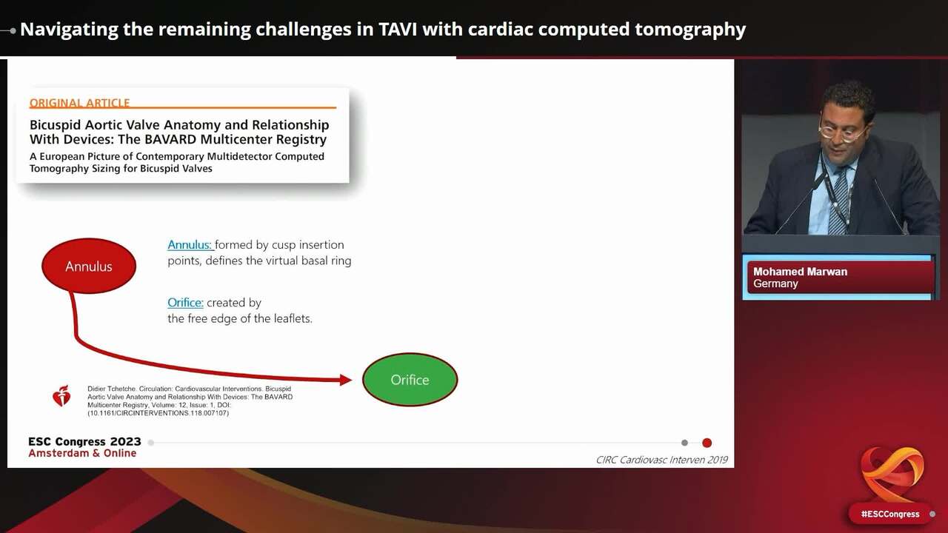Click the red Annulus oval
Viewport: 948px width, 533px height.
89,266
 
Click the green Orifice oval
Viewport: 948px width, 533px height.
410,379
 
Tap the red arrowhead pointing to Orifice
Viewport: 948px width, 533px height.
345,380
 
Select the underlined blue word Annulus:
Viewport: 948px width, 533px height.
190,244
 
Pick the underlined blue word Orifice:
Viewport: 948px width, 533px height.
185,302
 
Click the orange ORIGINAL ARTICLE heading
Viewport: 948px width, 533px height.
80,103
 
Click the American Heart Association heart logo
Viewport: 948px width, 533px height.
61,397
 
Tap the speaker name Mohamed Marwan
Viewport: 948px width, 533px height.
800,272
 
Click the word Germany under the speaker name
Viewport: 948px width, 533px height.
775,284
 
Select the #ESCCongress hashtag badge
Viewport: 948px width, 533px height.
889,514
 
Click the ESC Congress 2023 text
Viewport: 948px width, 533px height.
84,442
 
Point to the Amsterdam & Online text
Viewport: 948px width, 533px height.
82,453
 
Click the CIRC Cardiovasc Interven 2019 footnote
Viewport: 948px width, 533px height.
661,460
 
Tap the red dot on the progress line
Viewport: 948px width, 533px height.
707,443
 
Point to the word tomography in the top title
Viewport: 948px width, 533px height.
690,30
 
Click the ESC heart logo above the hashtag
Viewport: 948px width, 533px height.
892,474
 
